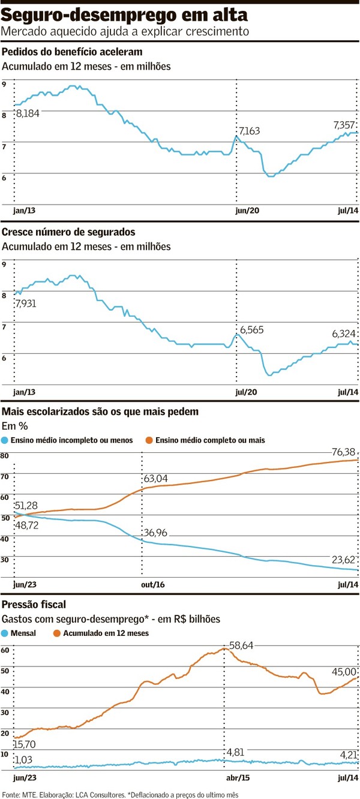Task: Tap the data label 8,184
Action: pos(28,113)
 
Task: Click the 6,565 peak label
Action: pos(252,330)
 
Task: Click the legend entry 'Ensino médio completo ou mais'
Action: pos(210,440)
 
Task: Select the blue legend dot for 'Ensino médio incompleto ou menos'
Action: pos(6,440)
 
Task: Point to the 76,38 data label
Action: pos(343,452)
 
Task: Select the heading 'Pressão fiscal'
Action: pos(34,603)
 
